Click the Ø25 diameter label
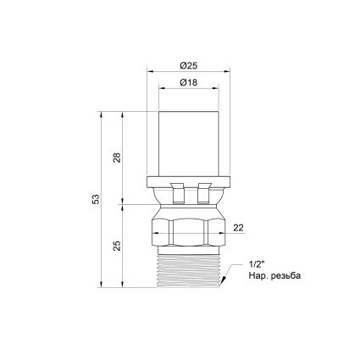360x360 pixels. pos(189,66)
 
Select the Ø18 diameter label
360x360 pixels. pos(189,83)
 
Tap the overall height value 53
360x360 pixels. pos(97,199)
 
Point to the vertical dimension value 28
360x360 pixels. pos(117,158)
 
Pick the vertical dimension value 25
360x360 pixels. pos(117,246)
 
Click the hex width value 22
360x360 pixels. pos(238,228)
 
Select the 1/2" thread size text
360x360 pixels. pos(257,264)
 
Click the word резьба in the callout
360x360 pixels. pos(285,276)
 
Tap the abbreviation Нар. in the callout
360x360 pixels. pos(258,275)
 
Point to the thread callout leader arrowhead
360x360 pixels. pos(224,280)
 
